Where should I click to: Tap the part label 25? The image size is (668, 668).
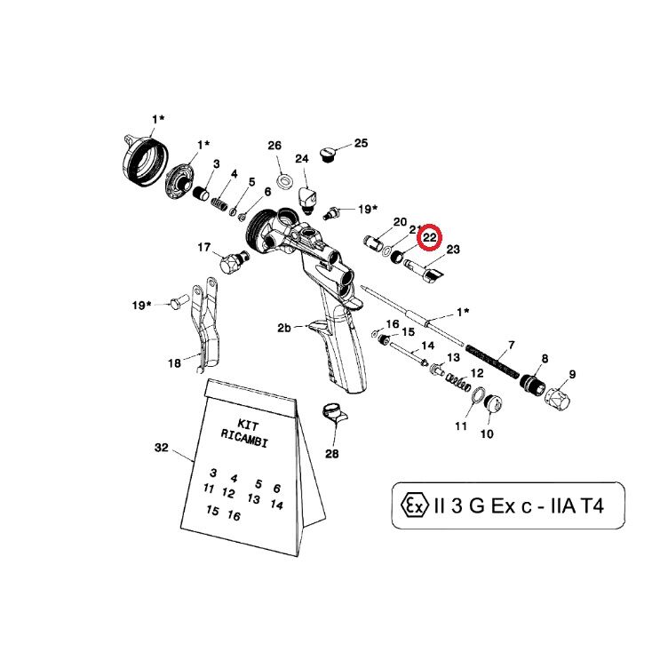pos(361,143)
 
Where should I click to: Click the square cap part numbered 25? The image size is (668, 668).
pos(328,155)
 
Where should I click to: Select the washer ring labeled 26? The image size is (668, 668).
pos(283,180)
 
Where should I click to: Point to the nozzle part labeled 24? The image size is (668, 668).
pos(307,198)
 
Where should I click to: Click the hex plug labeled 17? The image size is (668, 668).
pos(233,261)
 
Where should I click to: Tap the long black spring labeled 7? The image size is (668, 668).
pos(493,362)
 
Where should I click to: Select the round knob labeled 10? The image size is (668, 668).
pos(493,403)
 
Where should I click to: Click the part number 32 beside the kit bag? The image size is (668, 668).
pos(162,448)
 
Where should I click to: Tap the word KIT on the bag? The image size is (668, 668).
pos(248,425)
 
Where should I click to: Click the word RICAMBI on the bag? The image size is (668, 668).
pos(244,439)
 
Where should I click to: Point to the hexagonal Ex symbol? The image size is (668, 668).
pos(415,505)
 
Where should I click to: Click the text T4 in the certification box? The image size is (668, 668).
pos(592,506)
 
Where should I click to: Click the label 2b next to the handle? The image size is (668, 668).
pos(284,328)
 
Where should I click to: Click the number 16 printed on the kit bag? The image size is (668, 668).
pos(234,515)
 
